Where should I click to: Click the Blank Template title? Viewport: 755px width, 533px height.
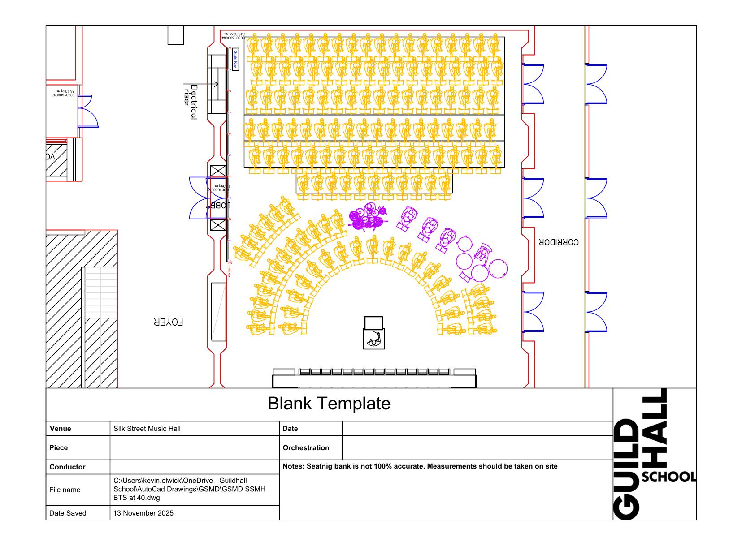click(x=329, y=404)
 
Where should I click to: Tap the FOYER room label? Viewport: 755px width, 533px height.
click(x=168, y=322)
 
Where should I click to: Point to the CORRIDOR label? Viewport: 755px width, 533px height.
click(x=558, y=242)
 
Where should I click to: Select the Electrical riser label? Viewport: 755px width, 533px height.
click(x=191, y=102)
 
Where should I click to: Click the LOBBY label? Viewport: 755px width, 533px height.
click(x=218, y=206)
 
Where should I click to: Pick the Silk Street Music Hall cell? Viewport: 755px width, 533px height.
click(x=147, y=429)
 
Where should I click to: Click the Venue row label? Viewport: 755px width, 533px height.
click(x=60, y=429)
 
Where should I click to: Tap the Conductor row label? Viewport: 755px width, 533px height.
click(x=67, y=467)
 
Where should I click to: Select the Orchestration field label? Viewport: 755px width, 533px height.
click(x=306, y=448)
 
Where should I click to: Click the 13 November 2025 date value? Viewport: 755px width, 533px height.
click(x=143, y=513)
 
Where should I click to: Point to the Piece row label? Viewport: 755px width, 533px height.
click(x=58, y=448)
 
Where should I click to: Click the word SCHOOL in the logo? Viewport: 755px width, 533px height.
click(x=669, y=477)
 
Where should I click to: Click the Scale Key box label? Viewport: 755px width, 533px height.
click(x=235, y=60)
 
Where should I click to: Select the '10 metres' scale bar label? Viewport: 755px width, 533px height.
click(x=230, y=268)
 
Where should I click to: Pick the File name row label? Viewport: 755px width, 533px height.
click(x=65, y=490)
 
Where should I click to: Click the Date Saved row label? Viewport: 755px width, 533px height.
click(x=68, y=513)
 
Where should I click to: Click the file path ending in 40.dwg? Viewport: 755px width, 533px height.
click(x=189, y=489)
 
